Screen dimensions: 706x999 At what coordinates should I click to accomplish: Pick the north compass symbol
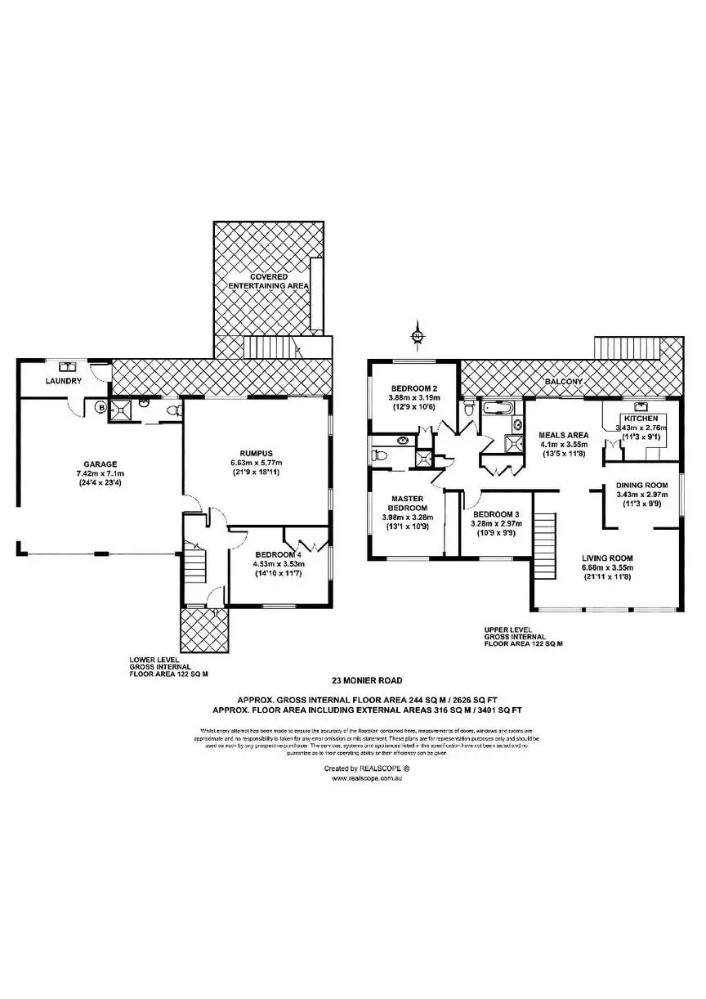tap(417, 336)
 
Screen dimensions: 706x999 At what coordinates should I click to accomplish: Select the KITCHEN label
tap(641, 419)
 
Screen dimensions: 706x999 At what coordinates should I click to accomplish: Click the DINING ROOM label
tap(646, 485)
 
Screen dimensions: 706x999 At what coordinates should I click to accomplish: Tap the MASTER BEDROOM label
tap(405, 503)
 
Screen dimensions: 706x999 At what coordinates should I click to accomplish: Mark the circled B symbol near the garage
tap(101, 406)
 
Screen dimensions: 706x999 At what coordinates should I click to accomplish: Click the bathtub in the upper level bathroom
tap(497, 407)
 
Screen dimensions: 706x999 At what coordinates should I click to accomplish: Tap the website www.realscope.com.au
tap(368, 779)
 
